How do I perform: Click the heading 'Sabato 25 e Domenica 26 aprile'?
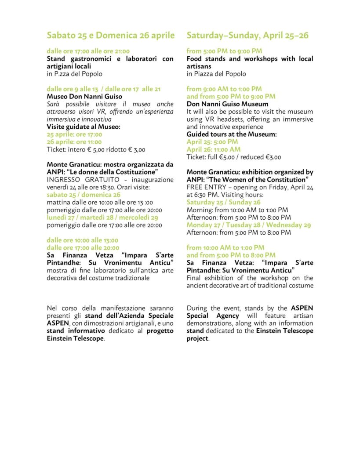(111, 36)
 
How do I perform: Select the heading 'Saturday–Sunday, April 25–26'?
(247, 36)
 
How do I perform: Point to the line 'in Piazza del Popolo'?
(216, 74)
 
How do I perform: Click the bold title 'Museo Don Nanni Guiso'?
(84, 97)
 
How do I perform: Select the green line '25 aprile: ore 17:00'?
(74, 134)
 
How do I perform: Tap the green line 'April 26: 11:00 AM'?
(213, 149)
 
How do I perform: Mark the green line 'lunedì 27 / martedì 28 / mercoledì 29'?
(102, 217)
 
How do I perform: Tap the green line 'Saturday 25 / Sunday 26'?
(223, 202)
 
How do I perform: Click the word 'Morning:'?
(199, 210)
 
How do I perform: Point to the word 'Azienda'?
(135, 316)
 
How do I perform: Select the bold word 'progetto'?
(160, 331)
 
